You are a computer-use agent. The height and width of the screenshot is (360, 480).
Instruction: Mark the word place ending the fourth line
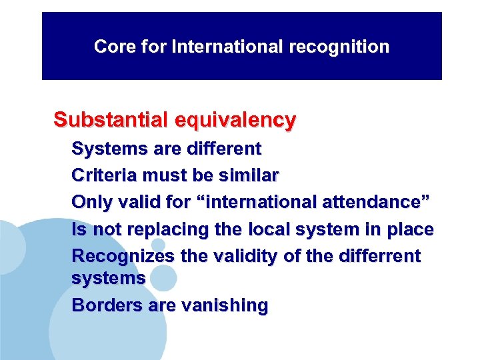(x=413, y=230)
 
